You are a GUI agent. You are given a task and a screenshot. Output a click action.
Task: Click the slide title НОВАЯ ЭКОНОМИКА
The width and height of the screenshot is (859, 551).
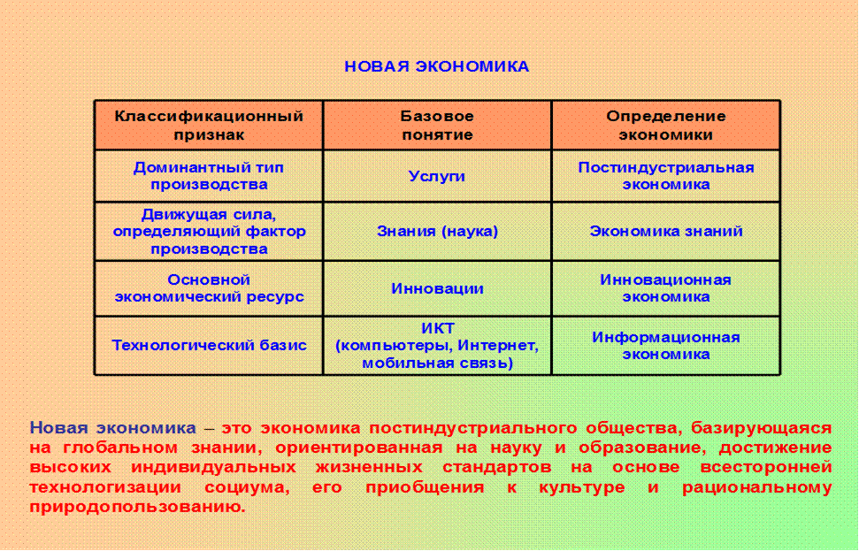(x=437, y=66)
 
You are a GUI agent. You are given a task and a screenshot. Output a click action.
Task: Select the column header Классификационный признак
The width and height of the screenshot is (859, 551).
(x=209, y=126)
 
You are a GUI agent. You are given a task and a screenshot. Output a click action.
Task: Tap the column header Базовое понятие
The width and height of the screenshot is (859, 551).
(x=437, y=126)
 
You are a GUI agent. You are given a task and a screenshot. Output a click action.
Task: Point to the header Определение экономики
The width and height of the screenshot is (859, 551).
(x=666, y=126)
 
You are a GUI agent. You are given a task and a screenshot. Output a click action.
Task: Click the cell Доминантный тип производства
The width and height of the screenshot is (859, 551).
(x=209, y=176)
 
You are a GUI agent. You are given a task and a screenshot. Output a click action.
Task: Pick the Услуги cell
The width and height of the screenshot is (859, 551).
(x=437, y=176)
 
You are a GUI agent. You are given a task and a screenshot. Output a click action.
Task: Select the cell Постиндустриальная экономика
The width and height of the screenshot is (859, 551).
(x=666, y=176)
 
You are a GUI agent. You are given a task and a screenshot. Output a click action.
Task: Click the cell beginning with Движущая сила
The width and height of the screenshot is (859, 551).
(x=209, y=231)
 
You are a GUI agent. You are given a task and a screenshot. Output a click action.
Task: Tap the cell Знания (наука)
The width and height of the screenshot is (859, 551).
(x=437, y=231)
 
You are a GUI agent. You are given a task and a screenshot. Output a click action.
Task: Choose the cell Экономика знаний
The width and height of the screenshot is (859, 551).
(x=666, y=231)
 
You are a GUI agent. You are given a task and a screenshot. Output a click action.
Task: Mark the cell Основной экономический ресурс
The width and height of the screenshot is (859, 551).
(x=209, y=288)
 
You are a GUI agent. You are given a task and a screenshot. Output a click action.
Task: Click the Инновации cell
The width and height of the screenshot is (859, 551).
(x=437, y=288)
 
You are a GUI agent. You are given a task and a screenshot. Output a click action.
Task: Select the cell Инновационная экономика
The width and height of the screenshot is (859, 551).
(x=666, y=288)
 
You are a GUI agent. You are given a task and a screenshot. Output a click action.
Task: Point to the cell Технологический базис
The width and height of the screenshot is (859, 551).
(x=209, y=346)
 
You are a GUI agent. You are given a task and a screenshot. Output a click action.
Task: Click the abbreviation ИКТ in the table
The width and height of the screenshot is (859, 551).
(x=438, y=328)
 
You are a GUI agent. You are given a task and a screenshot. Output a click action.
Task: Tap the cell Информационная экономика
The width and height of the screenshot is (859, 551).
(x=666, y=346)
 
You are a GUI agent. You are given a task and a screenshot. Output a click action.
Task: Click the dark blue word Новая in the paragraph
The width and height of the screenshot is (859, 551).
(x=59, y=427)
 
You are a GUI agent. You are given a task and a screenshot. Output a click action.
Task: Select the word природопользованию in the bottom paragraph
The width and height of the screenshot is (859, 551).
(x=137, y=507)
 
